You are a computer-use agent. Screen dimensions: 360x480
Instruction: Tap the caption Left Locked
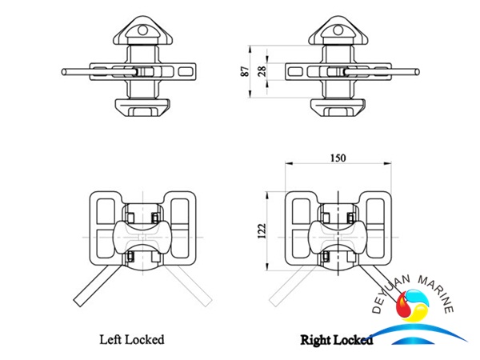pos(133,339)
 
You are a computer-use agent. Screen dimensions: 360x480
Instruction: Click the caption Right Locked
pos(337,340)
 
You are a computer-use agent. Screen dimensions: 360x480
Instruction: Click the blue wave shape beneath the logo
pos(423,334)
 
